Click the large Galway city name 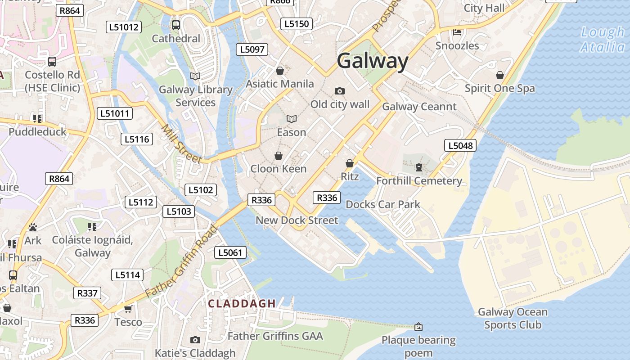tap(373, 61)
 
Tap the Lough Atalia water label tap(603, 40)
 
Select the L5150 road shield tap(296, 24)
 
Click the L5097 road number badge tap(252, 49)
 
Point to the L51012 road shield tap(124, 27)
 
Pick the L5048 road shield tap(460, 145)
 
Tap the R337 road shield tap(87, 293)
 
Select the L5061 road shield tap(230, 252)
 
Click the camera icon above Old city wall tap(340, 91)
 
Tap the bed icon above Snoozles tap(457, 32)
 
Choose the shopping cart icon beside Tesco tap(128, 309)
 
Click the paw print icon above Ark tap(32, 227)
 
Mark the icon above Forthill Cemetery tap(419, 168)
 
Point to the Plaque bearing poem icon tap(418, 326)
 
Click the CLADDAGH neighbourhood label tap(242, 304)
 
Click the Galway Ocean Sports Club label tap(513, 318)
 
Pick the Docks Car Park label tap(382, 204)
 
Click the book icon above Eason tap(292, 119)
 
